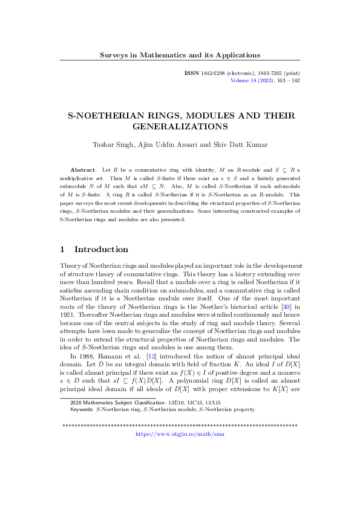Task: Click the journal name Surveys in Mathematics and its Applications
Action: point(180,55)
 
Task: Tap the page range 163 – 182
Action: point(286,80)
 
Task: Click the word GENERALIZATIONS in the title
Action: point(180,127)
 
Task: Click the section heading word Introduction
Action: point(101,249)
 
